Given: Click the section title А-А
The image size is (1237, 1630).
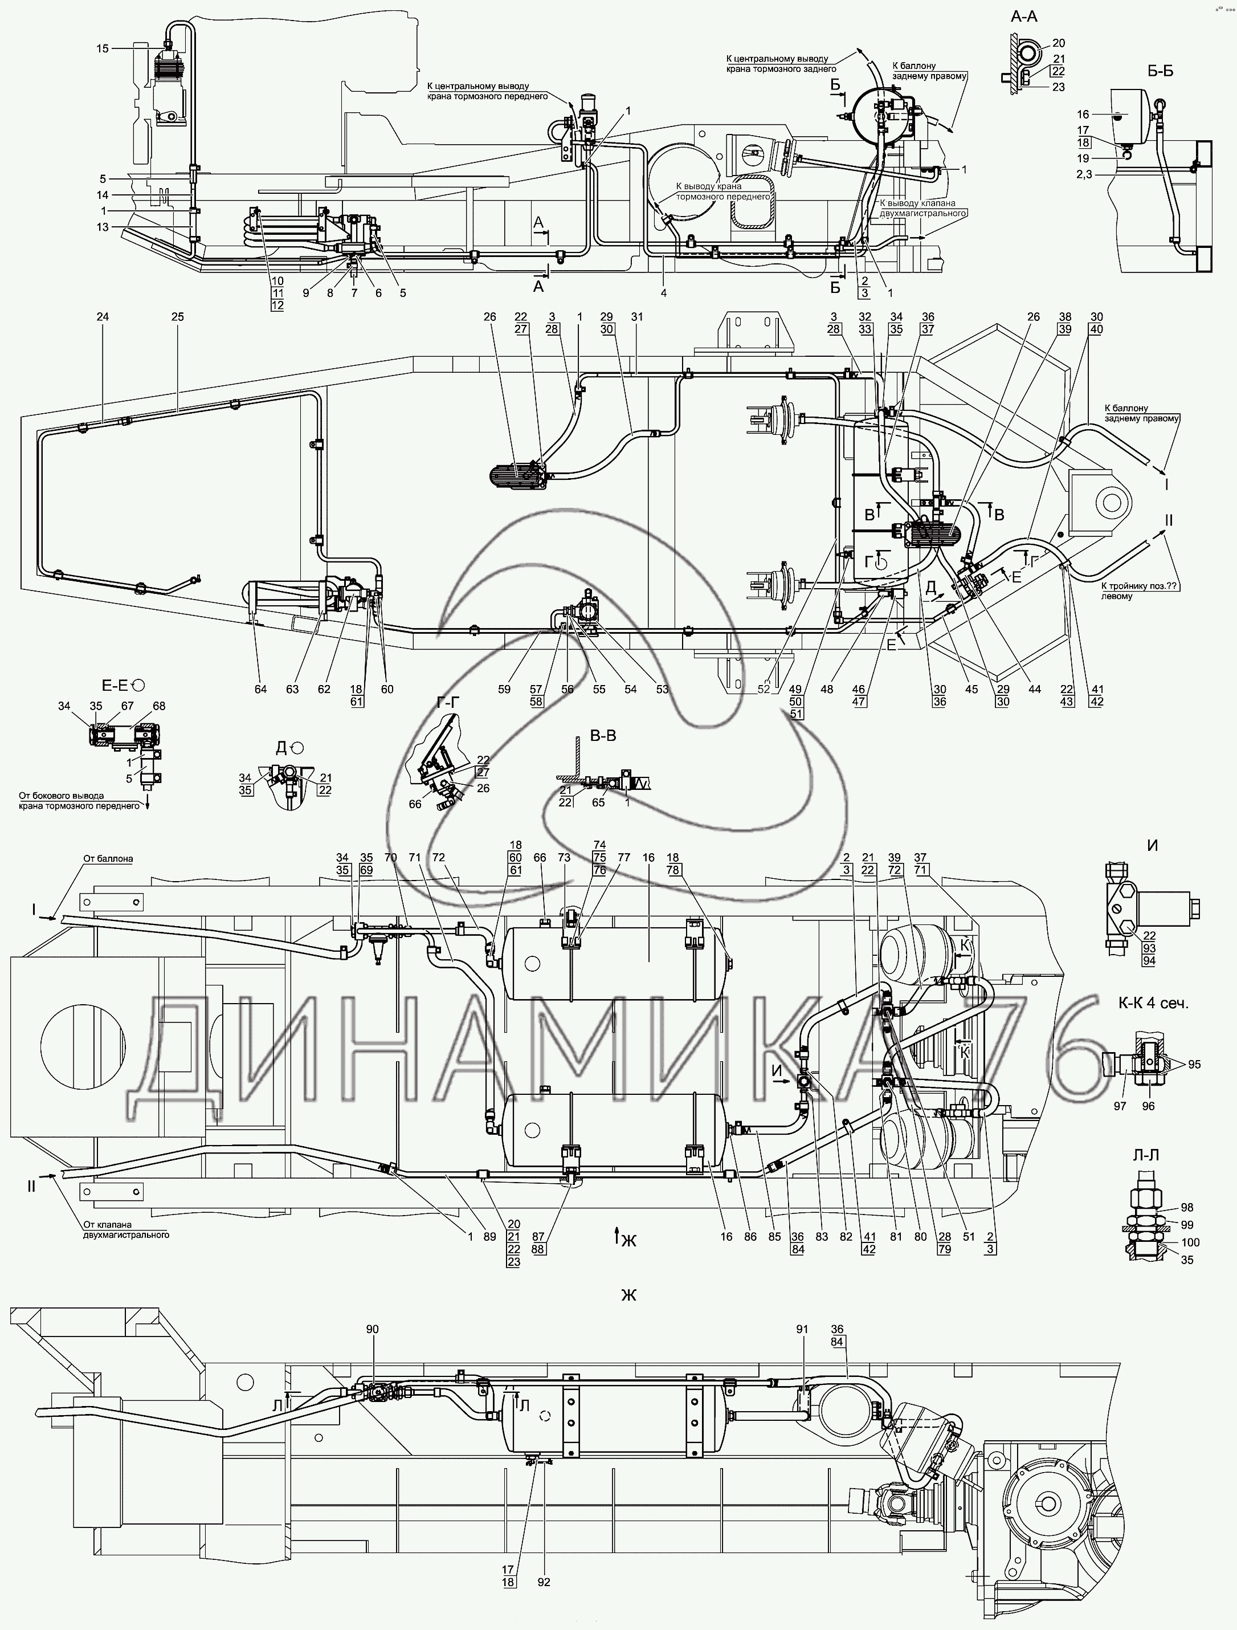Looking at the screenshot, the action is pos(1023,16).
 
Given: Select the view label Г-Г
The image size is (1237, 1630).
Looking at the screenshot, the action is pos(448,704).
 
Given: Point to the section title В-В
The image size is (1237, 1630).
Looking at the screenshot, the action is pos(603,735).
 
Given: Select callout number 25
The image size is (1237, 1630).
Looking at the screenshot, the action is pos(178,317).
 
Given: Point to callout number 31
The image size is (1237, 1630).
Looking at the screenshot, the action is pos(636,317).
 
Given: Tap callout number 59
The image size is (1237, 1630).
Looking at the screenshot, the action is pos(504,690).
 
